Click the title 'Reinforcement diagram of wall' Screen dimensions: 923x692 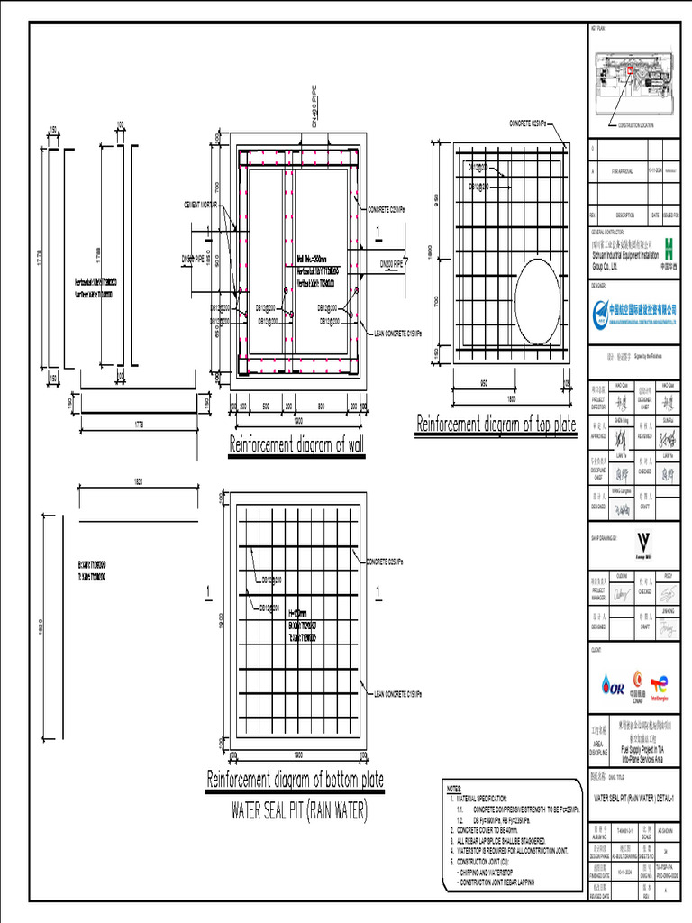[x=297, y=444]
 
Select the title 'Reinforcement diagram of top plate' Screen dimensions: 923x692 [x=495, y=425]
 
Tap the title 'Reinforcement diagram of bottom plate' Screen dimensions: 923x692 [x=296, y=780]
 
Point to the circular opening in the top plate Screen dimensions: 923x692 [x=538, y=304]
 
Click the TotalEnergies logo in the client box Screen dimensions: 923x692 [x=662, y=687]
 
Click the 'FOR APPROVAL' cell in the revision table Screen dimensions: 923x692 [x=623, y=170]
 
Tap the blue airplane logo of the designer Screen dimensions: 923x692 [x=601, y=310]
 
